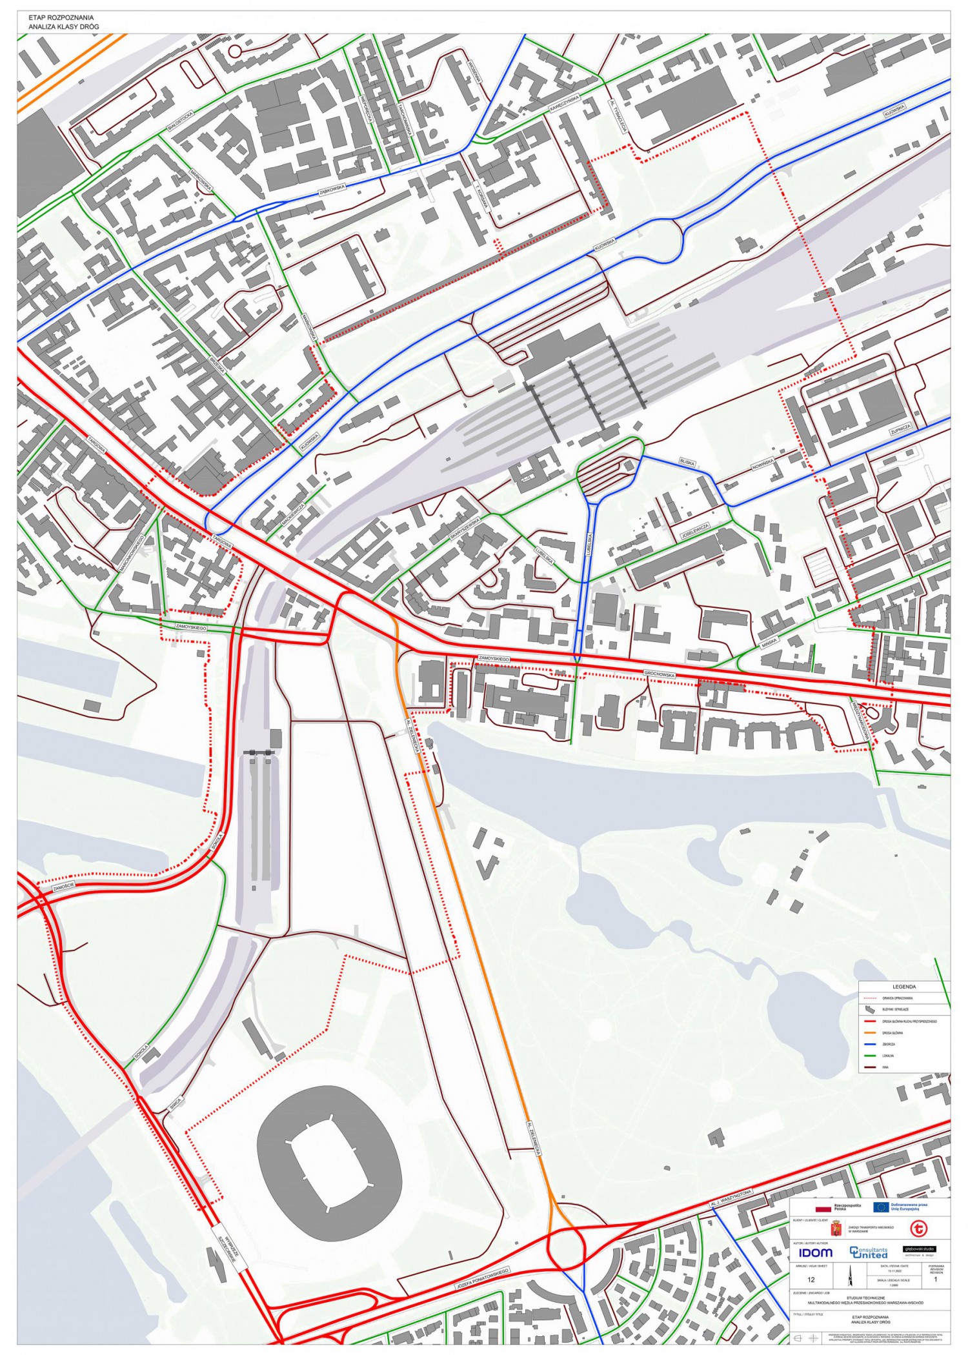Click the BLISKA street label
[687, 462]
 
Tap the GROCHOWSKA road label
[659, 674]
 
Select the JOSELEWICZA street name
[694, 532]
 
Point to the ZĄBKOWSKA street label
[333, 188]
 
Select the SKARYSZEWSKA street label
[465, 529]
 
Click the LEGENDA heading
[903, 987]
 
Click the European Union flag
[881, 1207]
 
